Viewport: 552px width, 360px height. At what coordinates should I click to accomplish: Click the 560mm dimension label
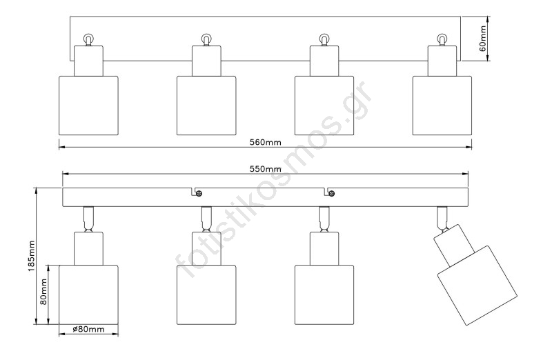[265, 141]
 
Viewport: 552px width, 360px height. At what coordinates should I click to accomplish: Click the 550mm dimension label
[265, 169]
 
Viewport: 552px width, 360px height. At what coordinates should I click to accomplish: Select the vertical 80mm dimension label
[43, 292]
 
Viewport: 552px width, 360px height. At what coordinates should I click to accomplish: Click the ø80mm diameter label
[88, 330]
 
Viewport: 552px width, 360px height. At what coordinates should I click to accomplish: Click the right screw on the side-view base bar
[331, 192]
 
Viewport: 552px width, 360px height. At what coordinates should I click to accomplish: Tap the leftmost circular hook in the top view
[88, 38]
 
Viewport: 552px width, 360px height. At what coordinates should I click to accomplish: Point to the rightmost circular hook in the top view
[442, 38]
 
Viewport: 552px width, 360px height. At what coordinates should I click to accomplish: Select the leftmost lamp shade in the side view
[88, 294]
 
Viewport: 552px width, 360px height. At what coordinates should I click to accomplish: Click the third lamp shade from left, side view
[324, 294]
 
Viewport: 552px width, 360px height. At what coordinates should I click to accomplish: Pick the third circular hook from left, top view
[324, 38]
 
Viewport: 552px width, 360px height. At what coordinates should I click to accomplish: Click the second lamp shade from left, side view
[206, 294]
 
